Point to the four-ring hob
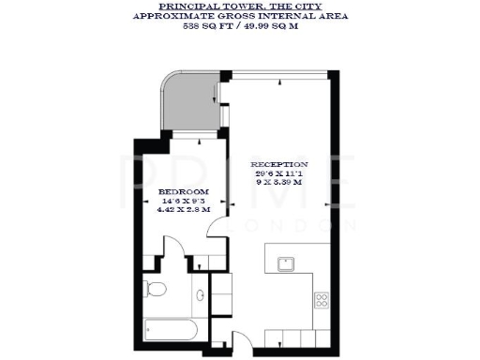click(x=322, y=301)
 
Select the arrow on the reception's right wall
click(x=326, y=201)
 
